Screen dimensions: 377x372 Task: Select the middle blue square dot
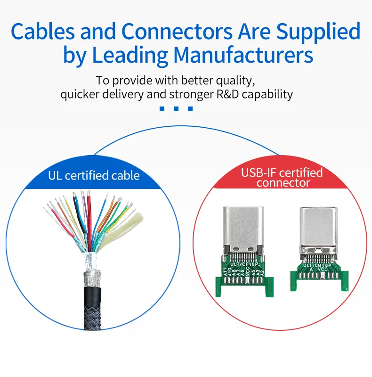coord(176,109)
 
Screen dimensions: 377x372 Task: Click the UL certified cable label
coord(94,176)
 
